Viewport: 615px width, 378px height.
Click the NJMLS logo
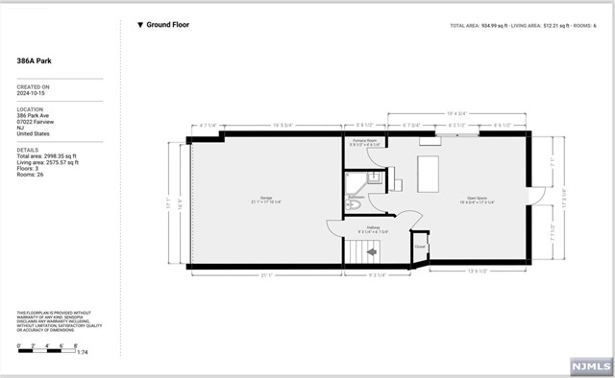pos(589,366)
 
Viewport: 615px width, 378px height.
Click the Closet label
pos(420,246)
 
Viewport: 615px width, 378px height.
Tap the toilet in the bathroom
pos(354,205)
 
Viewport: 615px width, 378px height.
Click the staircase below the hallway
pos(359,253)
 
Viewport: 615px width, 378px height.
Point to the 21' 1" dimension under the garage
pos(264,275)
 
